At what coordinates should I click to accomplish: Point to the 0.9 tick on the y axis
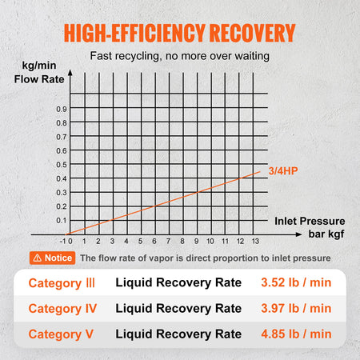point(61,108)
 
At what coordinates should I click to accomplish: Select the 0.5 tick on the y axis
point(61,164)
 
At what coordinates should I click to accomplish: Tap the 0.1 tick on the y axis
point(61,219)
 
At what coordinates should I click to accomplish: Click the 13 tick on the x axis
point(255,240)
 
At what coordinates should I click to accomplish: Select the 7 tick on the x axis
point(168,240)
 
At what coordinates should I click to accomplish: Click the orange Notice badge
point(51,258)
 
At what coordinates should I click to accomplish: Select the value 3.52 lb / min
point(295,283)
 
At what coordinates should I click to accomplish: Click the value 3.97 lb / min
point(295,308)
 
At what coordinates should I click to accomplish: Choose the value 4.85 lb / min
point(295,334)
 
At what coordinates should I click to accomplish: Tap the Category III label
point(62,283)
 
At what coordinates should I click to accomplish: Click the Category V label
point(61,334)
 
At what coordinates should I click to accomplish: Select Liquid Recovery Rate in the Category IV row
point(178,308)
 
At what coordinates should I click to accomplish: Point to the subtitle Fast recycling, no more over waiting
point(180,57)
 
